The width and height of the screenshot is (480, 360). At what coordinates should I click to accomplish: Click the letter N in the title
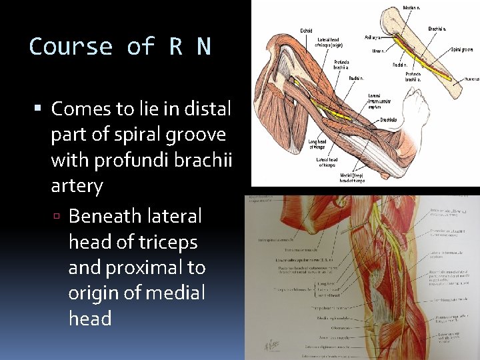(x=203, y=47)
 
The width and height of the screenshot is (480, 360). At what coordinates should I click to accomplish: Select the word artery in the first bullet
(x=77, y=185)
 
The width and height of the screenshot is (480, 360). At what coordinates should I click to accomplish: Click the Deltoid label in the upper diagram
(x=306, y=30)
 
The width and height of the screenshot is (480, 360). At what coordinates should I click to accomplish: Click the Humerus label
(x=471, y=79)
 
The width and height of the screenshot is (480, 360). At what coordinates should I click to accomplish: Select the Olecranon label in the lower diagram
(x=322, y=328)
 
